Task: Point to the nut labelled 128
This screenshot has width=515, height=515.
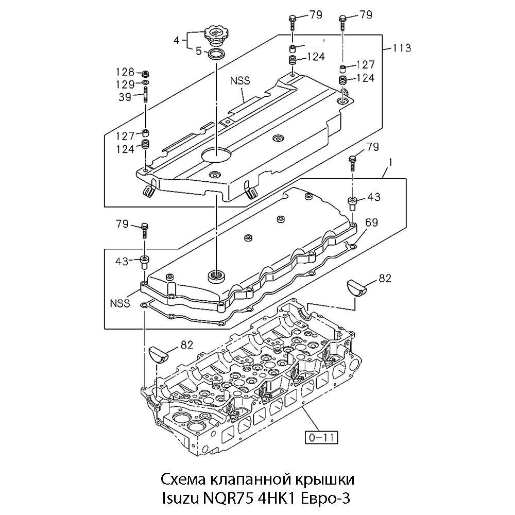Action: [x=146, y=73]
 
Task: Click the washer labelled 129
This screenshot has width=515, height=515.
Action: [x=146, y=83]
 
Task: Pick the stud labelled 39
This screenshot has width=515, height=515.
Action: [x=146, y=97]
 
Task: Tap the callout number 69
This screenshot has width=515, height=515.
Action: [x=372, y=222]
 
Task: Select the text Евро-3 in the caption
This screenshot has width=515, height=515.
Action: [x=324, y=499]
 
